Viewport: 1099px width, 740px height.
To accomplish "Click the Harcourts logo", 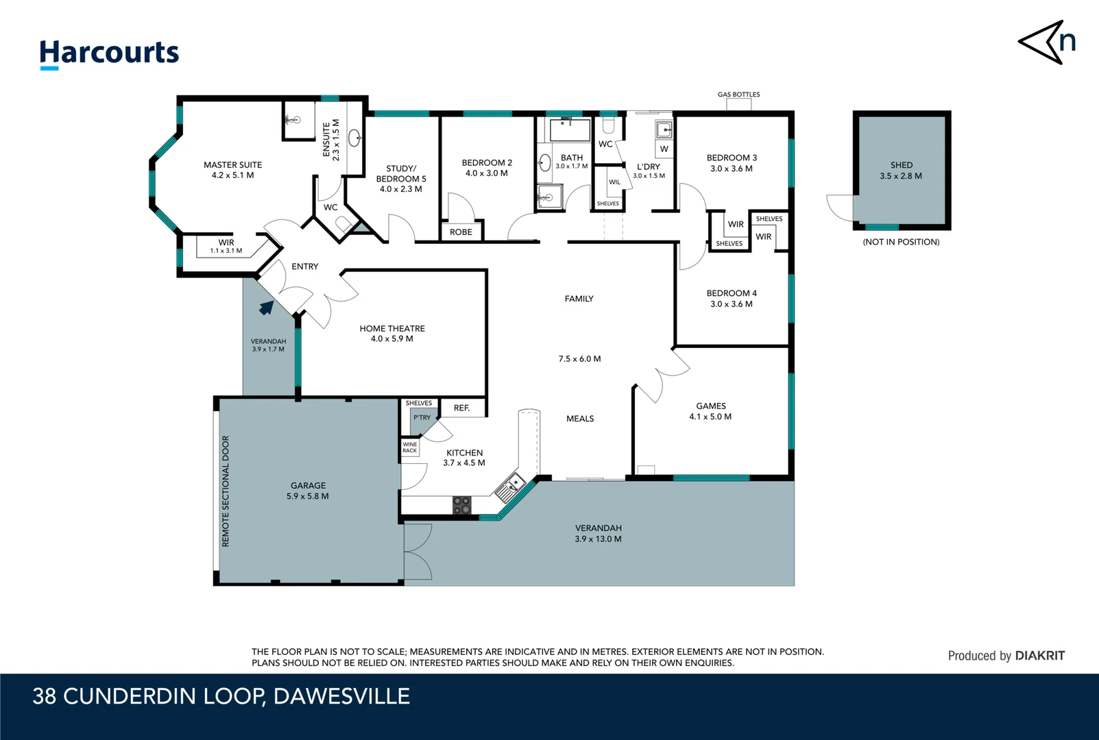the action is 109,54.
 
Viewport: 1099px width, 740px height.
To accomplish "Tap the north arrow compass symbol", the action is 1046,42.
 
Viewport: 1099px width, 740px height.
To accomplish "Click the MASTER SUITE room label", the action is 232,164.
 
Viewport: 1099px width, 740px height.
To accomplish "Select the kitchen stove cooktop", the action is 461,505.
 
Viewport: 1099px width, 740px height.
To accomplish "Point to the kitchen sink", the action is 510,487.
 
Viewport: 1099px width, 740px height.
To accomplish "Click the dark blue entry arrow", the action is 267,308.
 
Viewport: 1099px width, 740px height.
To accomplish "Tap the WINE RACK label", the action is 410,447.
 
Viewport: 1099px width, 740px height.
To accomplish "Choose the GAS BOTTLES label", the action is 738,94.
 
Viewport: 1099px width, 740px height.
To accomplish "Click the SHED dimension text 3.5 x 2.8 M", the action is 901,176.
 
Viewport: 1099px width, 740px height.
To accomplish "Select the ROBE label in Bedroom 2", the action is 461,232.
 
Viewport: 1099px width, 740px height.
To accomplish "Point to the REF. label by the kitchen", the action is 461,408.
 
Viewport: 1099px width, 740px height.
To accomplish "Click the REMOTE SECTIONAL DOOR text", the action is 226,491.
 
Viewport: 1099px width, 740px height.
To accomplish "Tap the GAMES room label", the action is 710,406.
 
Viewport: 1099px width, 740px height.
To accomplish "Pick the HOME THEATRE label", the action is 392,329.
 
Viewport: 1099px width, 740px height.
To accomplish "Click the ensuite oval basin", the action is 354,138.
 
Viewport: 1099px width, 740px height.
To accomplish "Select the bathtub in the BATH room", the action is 570,130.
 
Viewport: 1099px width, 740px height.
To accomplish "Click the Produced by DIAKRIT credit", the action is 1006,656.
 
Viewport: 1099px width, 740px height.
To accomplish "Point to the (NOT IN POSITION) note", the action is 901,242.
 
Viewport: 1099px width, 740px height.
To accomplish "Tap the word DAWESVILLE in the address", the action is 341,696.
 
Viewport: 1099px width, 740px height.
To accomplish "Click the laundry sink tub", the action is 664,130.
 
